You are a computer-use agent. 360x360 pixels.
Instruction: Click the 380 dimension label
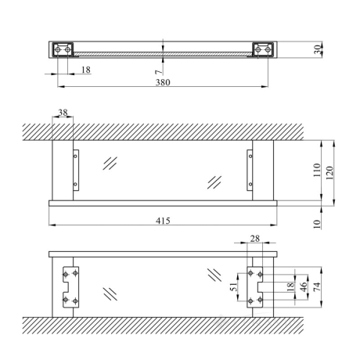click(163, 82)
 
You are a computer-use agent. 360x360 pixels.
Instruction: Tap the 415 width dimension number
click(163, 221)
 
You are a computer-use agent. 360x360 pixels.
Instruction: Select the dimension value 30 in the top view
click(318, 49)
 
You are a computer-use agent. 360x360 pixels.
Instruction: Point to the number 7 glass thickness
click(159, 72)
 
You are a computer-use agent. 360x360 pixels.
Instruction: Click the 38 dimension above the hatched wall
click(63, 113)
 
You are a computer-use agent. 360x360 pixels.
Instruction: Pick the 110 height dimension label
click(317, 170)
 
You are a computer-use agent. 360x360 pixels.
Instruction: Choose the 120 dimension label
click(329, 173)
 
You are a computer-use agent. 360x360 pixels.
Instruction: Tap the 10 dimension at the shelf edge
click(317, 224)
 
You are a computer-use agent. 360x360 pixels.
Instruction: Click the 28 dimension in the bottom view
click(255, 239)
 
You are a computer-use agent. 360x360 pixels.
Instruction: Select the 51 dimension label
click(235, 286)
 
